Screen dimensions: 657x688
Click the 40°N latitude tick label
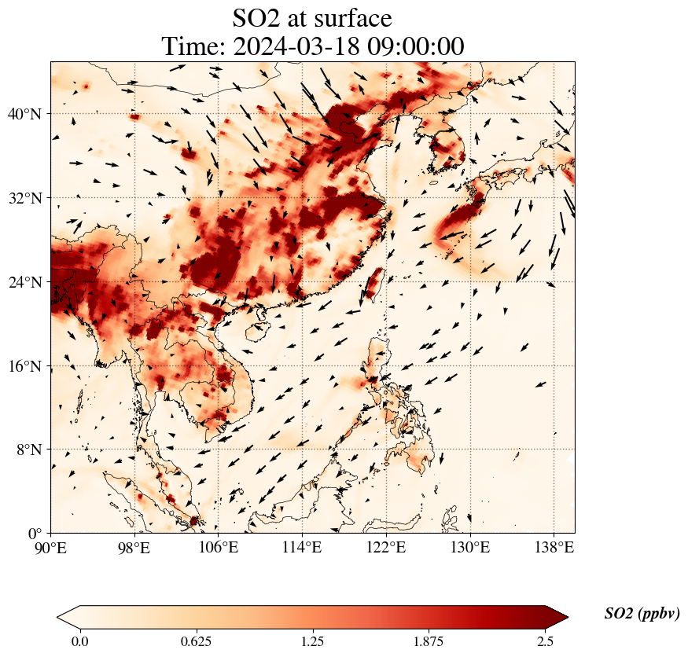(x=24, y=114)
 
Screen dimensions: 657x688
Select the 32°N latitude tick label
(x=24, y=198)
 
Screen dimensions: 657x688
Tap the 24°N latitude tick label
(x=24, y=282)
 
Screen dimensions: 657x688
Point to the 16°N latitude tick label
(x=24, y=366)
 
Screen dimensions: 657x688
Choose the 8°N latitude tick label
(x=27, y=450)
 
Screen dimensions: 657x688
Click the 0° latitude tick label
(x=34, y=534)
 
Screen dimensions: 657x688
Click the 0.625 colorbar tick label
(x=196, y=641)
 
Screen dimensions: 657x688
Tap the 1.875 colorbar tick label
(x=429, y=641)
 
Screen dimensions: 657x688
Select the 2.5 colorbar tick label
(x=546, y=641)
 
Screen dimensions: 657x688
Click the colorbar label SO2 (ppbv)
(x=642, y=614)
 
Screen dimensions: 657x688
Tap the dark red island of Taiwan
(x=373, y=284)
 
